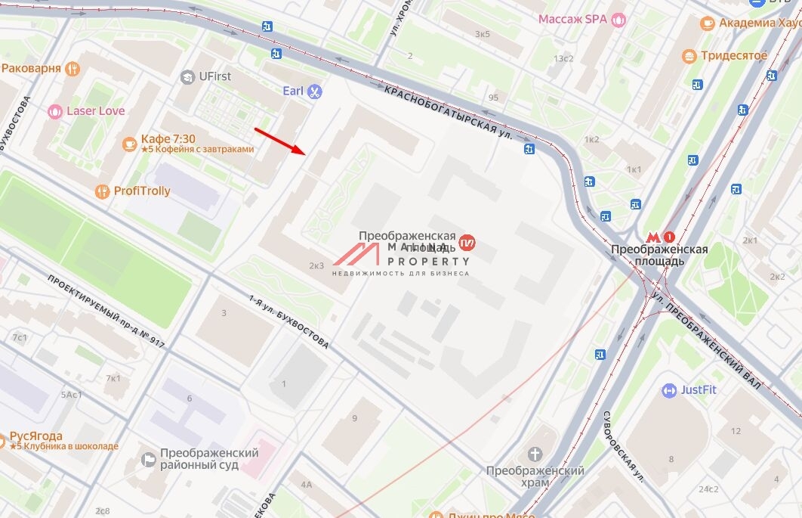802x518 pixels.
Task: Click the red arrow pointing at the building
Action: point(279,141)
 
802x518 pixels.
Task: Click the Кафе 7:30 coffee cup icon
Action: point(129,143)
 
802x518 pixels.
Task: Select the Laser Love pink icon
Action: point(54,112)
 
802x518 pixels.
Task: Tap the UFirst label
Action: point(215,76)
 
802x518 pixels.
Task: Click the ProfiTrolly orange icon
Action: point(103,191)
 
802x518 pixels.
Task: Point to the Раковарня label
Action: point(31,68)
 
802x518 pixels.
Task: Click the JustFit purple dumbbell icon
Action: point(669,390)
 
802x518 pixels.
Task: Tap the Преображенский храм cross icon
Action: point(535,454)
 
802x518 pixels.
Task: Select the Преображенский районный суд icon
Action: point(150,459)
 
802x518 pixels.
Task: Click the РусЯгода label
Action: point(35,436)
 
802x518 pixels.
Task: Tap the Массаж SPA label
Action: point(572,19)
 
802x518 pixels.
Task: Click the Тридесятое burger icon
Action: point(689,56)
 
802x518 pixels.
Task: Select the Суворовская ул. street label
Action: point(622,441)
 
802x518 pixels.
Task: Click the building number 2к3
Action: point(316,265)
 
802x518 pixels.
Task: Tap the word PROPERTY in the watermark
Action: point(428,261)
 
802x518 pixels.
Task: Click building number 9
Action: point(354,418)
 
